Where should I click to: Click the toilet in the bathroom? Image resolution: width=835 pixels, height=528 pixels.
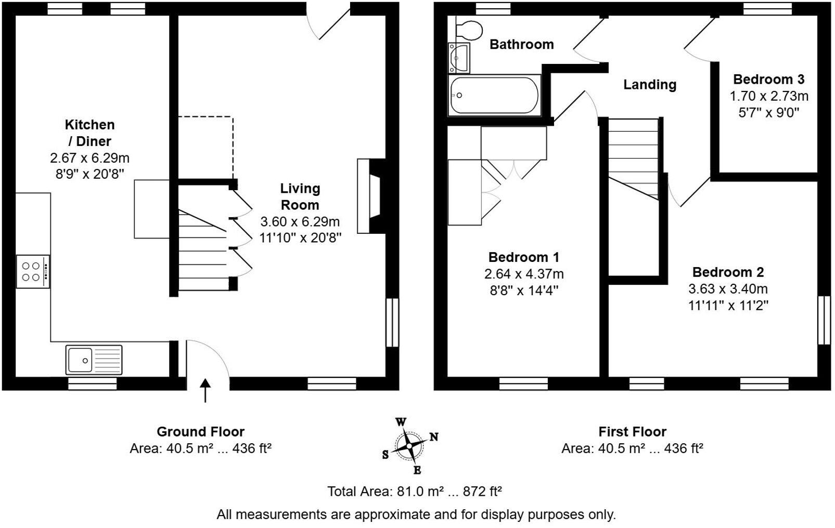point(469,30)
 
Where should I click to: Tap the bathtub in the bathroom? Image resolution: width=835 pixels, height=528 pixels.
point(494,95)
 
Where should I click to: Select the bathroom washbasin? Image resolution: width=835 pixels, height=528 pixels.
point(459,58)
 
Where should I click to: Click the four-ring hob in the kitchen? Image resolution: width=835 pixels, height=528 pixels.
point(33,271)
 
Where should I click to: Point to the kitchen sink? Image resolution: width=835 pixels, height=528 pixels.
point(94,360)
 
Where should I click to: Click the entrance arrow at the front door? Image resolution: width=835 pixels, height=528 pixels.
point(205,391)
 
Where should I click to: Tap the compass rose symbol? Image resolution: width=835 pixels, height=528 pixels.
point(409,446)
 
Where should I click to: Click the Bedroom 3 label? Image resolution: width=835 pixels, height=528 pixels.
point(768,80)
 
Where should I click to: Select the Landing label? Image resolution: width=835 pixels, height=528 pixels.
point(650,85)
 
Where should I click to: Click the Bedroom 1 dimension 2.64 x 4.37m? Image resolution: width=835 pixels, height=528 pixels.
point(524,274)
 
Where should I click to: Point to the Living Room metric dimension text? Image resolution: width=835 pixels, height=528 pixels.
point(300,221)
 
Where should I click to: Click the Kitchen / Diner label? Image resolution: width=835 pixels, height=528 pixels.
point(90,133)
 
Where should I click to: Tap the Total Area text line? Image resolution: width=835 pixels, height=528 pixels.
point(415,492)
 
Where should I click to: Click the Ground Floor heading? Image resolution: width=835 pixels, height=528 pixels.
point(200,431)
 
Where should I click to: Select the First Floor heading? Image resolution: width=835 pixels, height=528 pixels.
point(633,431)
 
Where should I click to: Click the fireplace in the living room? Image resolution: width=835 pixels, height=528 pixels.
point(371,196)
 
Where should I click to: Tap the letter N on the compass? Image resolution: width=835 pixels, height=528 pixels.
point(434,437)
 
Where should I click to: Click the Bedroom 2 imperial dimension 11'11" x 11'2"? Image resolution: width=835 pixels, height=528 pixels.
point(728,306)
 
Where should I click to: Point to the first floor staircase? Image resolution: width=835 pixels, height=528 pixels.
point(633,160)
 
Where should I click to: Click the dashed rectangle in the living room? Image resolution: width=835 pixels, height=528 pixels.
point(206,148)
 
